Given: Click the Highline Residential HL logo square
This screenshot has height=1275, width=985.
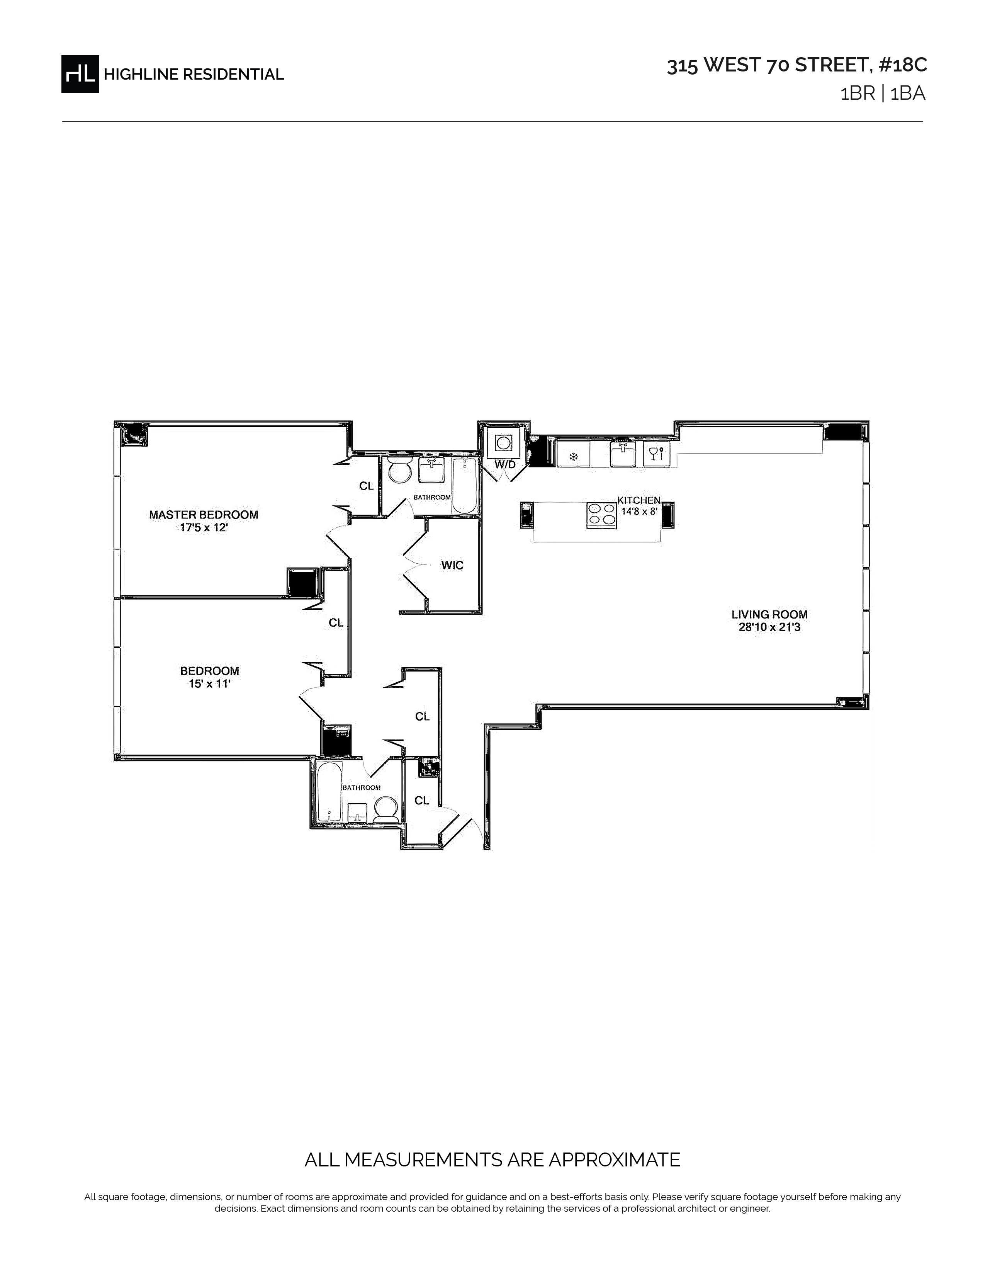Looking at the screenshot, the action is tap(80, 73).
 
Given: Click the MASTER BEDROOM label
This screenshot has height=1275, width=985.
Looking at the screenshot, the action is tap(204, 514).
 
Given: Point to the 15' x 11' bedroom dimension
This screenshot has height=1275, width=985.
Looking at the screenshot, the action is tap(209, 683).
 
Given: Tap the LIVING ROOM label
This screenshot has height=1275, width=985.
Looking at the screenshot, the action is tap(769, 614).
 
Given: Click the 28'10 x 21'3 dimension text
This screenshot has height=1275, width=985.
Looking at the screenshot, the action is tap(769, 628).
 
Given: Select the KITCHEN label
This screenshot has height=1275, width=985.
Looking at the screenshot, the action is tap(639, 500).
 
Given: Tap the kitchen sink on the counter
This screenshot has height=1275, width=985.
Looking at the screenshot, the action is tap(623, 454).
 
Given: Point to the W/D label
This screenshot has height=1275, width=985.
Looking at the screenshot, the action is tap(505, 465).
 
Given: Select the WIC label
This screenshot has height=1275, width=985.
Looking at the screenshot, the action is tap(452, 565).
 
